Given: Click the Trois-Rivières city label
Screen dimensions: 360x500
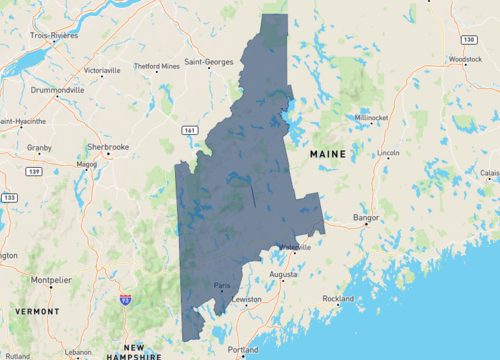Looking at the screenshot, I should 53,35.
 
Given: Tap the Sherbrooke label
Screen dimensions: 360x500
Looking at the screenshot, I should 109,147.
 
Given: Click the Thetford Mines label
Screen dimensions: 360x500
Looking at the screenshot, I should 156,66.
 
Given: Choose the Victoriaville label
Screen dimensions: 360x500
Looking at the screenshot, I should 101,70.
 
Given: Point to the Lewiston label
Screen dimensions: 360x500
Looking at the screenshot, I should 246,299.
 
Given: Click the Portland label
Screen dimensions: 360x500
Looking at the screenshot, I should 243,349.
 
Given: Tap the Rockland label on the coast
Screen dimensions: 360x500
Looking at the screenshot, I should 338,299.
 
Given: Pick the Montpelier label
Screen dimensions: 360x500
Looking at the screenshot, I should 50,280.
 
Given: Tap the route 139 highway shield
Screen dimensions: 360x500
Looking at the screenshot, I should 34,172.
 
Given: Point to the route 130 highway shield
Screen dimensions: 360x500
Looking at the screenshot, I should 468,39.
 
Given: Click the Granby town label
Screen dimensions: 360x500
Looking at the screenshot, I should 39,148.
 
